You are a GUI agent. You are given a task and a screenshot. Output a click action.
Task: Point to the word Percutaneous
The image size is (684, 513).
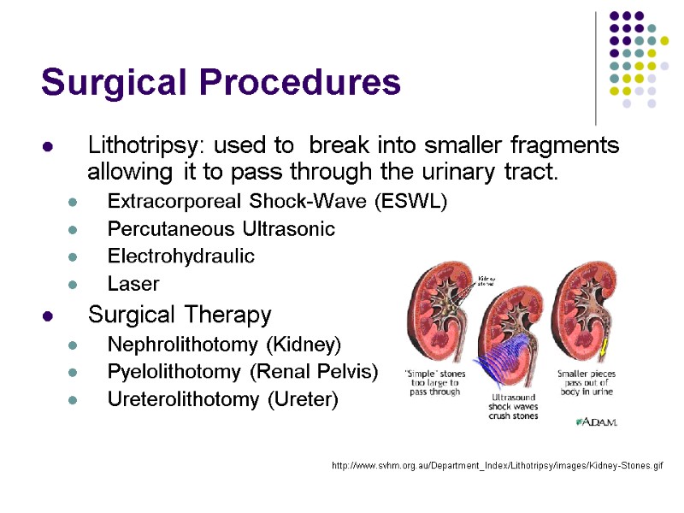(170, 229)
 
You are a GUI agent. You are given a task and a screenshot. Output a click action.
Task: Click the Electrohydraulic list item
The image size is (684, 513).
(180, 256)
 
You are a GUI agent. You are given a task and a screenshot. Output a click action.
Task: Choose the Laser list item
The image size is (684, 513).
(133, 283)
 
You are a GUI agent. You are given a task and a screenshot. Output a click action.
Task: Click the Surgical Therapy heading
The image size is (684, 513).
(180, 315)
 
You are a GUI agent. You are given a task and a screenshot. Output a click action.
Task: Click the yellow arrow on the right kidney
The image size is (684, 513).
(604, 347)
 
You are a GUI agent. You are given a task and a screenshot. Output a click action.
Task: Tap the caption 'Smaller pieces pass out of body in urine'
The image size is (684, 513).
(587, 382)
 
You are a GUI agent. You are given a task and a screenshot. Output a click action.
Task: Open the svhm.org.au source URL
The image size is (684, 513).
(497, 465)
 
